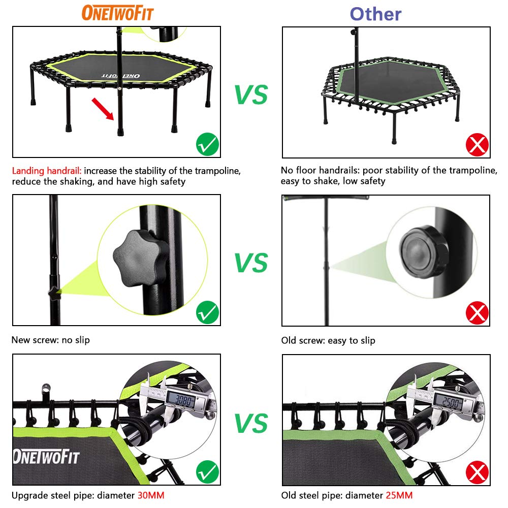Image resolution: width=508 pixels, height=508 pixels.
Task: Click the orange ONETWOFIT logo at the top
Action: (118, 13)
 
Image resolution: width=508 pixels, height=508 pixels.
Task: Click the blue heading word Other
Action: (375, 14)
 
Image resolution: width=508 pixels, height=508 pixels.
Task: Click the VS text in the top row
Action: (251, 94)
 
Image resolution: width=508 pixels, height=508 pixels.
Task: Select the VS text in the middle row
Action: (251, 262)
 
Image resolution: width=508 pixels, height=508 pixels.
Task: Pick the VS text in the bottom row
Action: (251, 423)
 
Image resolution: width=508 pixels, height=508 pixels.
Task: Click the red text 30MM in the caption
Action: (151, 495)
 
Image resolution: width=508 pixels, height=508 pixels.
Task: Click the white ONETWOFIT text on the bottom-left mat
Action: (47, 456)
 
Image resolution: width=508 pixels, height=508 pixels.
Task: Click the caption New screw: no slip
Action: (50, 340)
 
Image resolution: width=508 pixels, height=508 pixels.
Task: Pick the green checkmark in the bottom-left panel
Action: (207, 472)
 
